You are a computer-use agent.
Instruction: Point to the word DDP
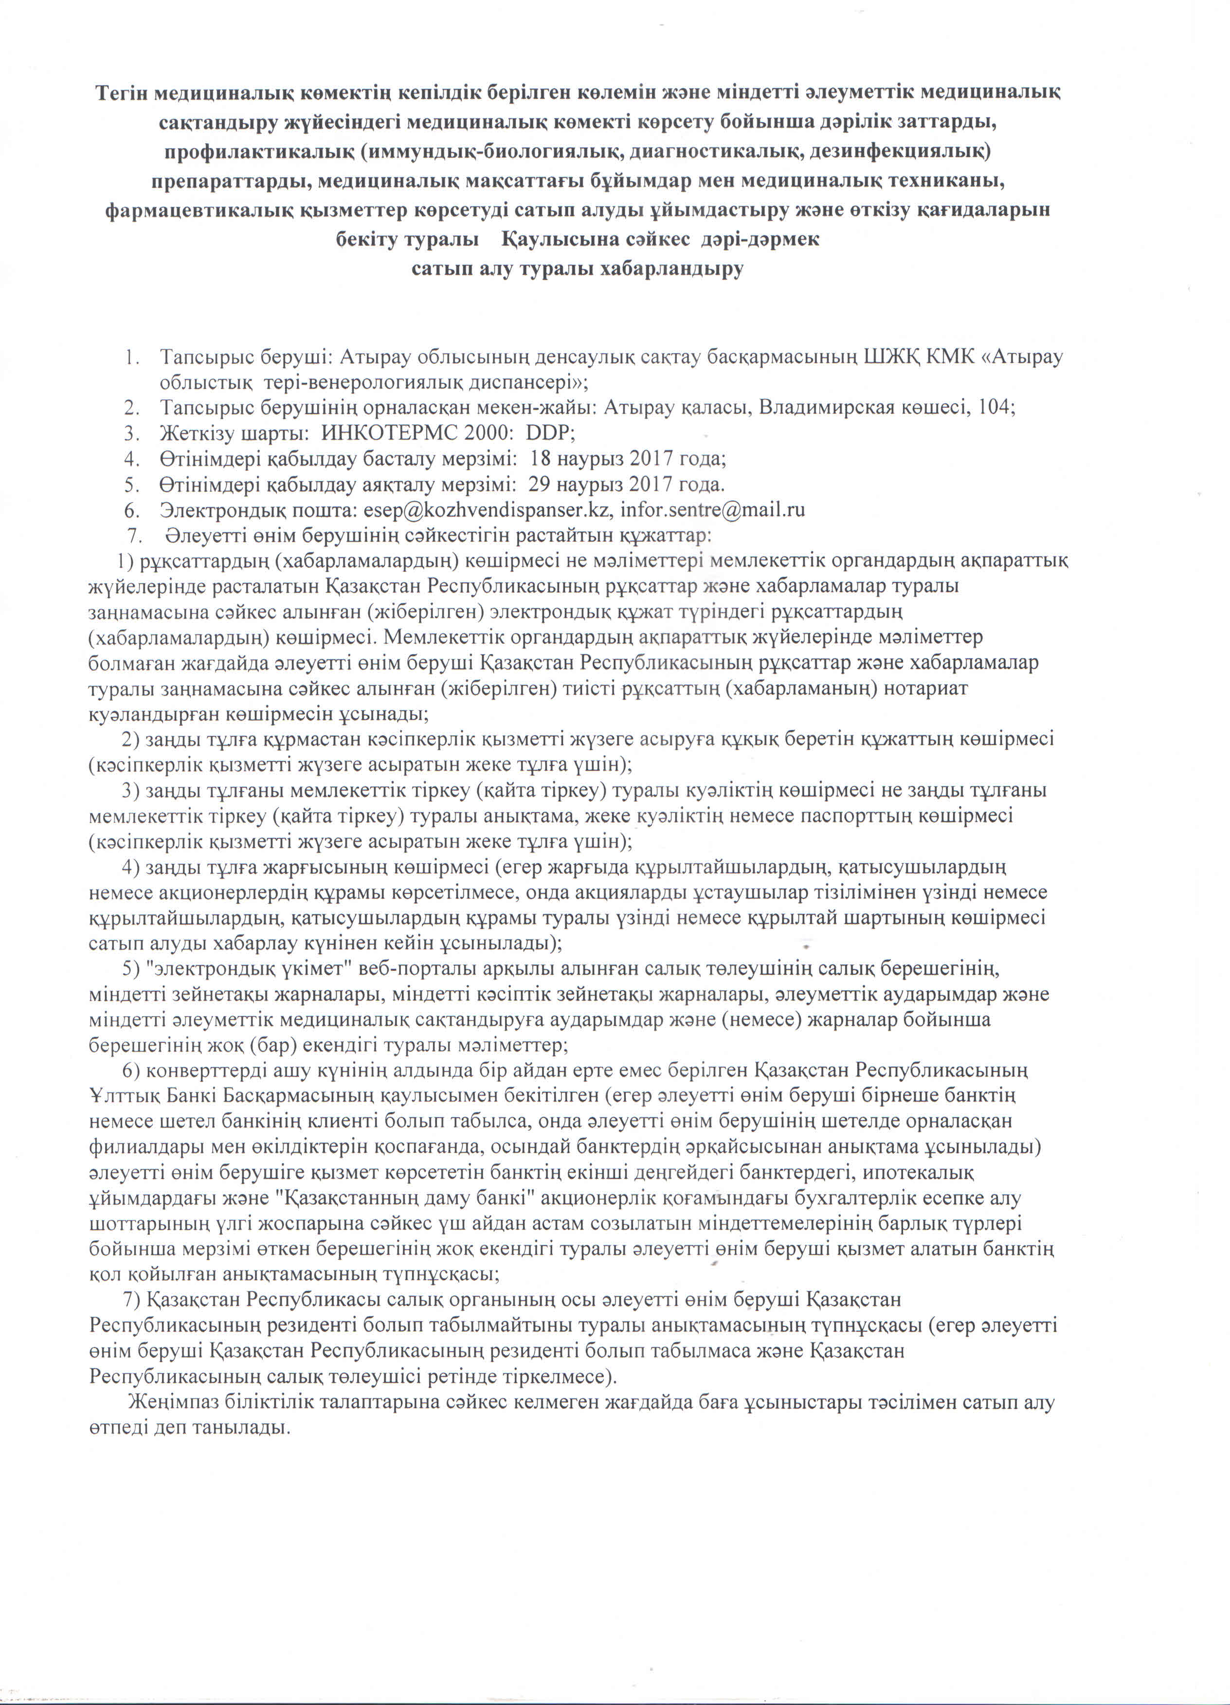[548, 433]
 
